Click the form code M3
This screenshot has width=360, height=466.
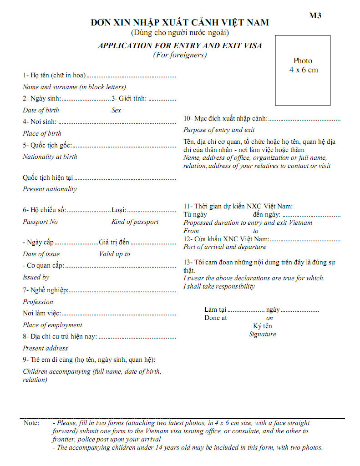click(x=315, y=15)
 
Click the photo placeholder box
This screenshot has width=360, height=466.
click(x=303, y=70)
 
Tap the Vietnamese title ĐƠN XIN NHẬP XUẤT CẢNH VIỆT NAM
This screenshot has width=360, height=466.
click(x=180, y=22)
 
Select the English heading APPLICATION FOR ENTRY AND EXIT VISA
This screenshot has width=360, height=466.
click(x=180, y=46)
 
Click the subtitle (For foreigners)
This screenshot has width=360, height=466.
click(x=180, y=55)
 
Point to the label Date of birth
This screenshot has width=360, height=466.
click(x=41, y=110)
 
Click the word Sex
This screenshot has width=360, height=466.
click(x=117, y=110)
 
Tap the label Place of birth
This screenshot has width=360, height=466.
click(x=42, y=133)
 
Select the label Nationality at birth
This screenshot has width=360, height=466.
click(x=50, y=157)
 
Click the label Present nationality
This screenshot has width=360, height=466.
click(x=50, y=189)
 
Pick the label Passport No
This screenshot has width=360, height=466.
click(x=41, y=222)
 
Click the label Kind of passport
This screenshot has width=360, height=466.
click(x=135, y=222)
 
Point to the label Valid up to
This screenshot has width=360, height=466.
click(x=115, y=254)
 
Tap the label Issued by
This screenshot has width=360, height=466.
click(x=36, y=277)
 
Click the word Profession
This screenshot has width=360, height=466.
click(x=38, y=302)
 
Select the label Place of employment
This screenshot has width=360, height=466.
click(x=52, y=325)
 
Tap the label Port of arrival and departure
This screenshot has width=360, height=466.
click(x=225, y=247)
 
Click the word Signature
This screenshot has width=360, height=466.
click(x=263, y=334)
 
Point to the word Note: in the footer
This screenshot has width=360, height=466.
click(x=31, y=423)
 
